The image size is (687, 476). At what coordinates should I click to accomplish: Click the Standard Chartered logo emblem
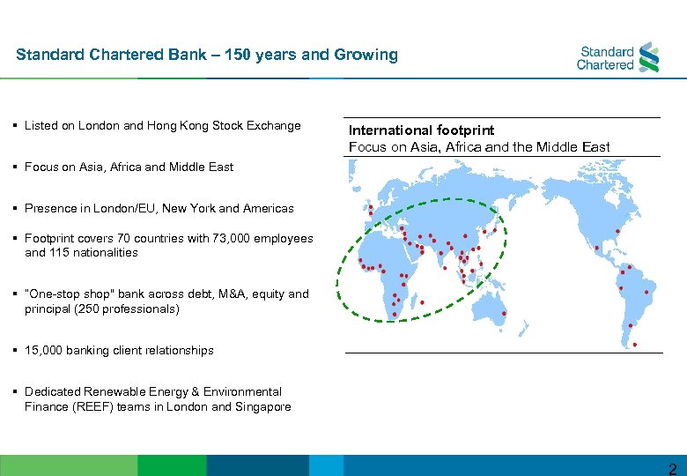click(x=648, y=57)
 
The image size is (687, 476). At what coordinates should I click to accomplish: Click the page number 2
click(x=672, y=467)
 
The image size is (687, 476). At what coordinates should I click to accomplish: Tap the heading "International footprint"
click(x=421, y=130)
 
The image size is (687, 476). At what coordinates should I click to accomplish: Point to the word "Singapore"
click(x=262, y=406)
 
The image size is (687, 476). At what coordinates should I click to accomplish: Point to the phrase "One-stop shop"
click(x=65, y=294)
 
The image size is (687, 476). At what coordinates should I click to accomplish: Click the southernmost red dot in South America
click(x=635, y=345)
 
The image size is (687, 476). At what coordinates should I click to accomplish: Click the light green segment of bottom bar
click(x=69, y=465)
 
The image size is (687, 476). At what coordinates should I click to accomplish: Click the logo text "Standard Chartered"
click(x=605, y=58)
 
